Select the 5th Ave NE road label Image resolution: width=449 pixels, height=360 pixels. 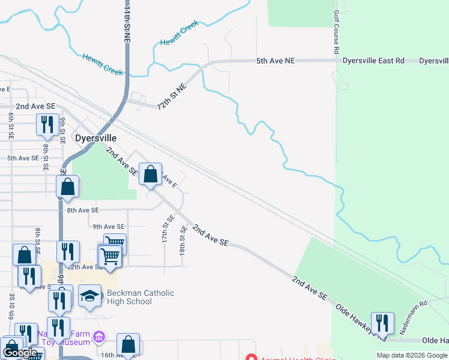tap(276, 61)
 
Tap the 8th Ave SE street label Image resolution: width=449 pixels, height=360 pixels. tap(83, 211)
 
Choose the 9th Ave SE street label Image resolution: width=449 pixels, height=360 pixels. tap(109, 227)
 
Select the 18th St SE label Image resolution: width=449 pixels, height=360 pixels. tap(182, 238)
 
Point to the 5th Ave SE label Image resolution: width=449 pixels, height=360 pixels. tap(23, 158)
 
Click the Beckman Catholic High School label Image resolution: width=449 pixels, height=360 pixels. tap(140, 297)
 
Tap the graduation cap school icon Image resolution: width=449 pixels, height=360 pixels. tap(90, 296)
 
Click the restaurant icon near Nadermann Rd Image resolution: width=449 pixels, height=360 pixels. tap(382, 323)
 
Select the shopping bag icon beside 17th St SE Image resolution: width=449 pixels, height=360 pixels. tap(151, 175)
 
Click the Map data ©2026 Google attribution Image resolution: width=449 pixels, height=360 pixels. tap(412, 355)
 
